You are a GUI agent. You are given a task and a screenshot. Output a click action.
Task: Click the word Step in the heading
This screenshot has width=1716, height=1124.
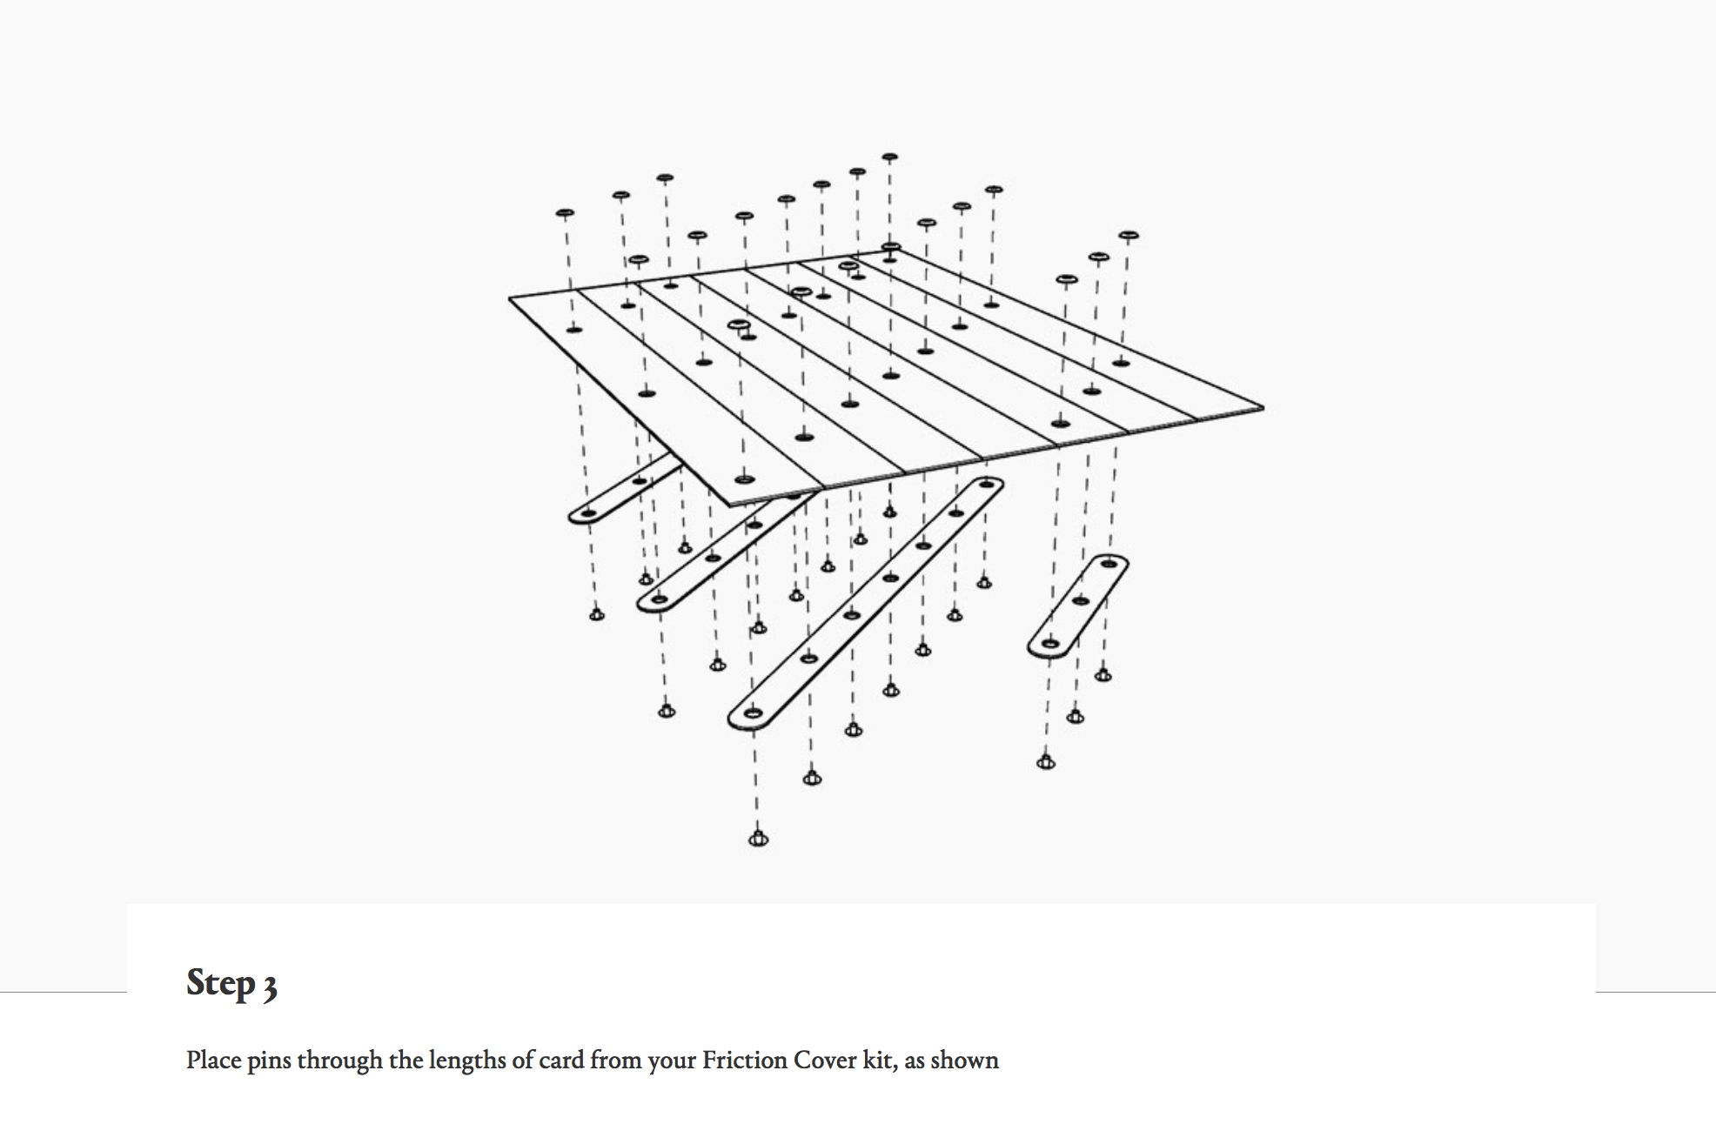pyautogui.click(x=221, y=983)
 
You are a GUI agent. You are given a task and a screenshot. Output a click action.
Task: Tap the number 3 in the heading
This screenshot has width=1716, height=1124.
pyautogui.click(x=270, y=987)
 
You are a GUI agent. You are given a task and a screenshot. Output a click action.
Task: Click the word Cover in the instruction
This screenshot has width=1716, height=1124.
pyautogui.click(x=814, y=1060)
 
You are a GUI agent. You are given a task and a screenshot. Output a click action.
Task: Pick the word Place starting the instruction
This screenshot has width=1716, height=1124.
pyautogui.click(x=213, y=1060)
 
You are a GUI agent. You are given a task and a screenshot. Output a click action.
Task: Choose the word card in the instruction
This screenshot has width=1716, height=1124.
pyautogui.click(x=561, y=1060)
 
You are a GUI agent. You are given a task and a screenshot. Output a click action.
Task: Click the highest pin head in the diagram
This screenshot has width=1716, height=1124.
pyautogui.click(x=889, y=157)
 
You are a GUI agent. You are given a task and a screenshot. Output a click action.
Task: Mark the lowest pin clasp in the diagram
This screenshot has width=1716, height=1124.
pyautogui.click(x=758, y=839)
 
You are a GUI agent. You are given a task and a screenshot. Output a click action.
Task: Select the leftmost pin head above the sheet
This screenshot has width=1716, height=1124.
pyautogui.click(x=565, y=212)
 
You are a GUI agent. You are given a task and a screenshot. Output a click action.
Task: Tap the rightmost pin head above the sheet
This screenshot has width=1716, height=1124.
pyautogui.click(x=1128, y=235)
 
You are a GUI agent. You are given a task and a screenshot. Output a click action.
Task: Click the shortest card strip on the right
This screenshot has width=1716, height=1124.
pyautogui.click(x=1078, y=605)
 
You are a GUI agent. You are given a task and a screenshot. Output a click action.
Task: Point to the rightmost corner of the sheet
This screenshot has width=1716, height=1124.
pyautogui.click(x=1262, y=406)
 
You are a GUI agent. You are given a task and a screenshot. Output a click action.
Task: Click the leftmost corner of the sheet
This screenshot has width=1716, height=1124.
pyautogui.click(x=511, y=298)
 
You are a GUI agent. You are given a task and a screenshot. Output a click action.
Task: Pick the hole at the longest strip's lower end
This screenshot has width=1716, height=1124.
pyautogui.click(x=754, y=713)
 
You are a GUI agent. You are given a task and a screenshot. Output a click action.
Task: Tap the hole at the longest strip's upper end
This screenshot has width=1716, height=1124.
pyautogui.click(x=986, y=484)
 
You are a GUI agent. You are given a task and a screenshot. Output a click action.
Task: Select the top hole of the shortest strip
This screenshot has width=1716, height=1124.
pyautogui.click(x=1109, y=564)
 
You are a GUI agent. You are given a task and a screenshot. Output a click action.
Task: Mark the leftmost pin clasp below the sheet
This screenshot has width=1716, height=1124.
pyautogui.click(x=596, y=615)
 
